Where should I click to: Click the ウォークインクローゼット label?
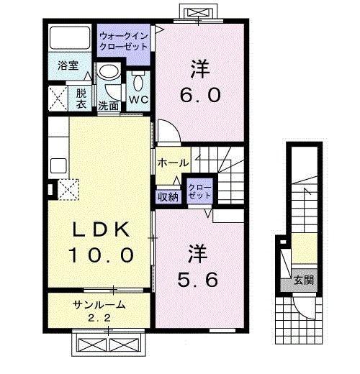(124, 40)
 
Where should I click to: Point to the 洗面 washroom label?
(109, 105)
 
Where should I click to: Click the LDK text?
(101, 230)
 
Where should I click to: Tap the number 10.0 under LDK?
(101, 255)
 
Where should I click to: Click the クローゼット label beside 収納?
(199, 191)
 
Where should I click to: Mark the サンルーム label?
(99, 304)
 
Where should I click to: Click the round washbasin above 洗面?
(108, 73)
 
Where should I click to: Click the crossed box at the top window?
(197, 13)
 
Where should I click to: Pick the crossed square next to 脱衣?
(58, 96)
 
